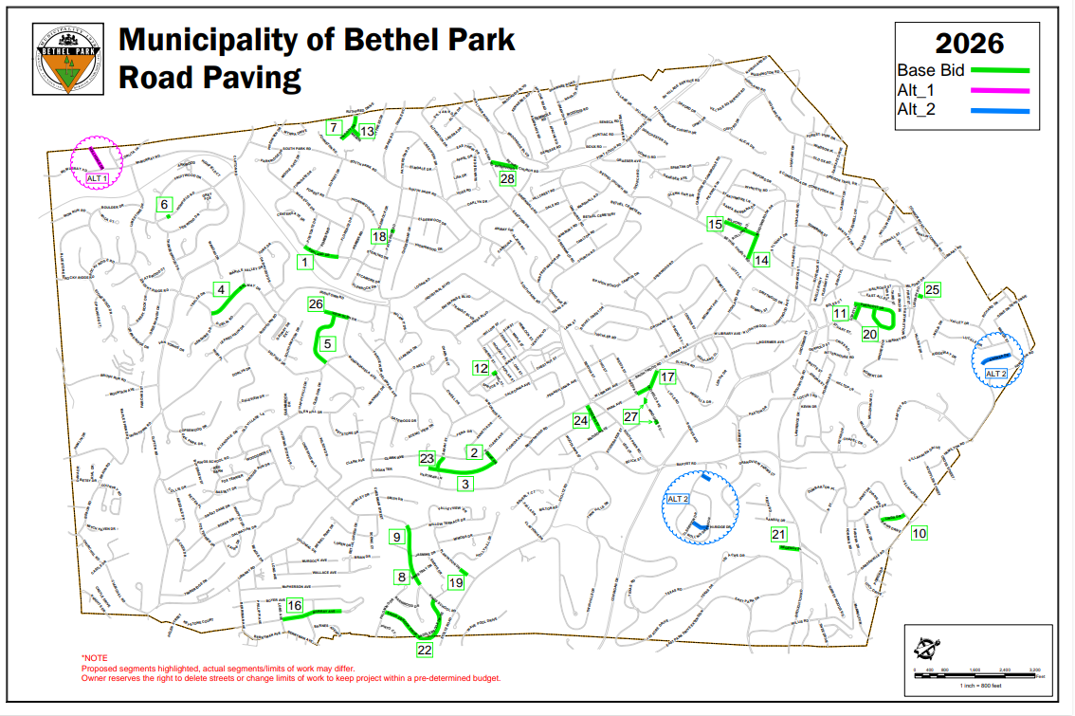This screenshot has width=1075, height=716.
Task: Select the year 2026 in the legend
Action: [x=969, y=44]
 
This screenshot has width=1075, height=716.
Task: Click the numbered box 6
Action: [x=164, y=204]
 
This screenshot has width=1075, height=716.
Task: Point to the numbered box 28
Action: [x=507, y=178]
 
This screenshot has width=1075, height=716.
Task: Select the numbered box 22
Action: [x=425, y=650]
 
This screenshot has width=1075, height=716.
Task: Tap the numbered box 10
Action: [x=919, y=534]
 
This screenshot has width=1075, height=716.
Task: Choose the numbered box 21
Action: [x=779, y=535]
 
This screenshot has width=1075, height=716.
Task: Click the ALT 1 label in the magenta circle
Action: [x=98, y=177]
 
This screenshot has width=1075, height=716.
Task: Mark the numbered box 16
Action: [x=295, y=605]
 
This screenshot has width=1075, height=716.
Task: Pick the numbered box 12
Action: [x=481, y=368]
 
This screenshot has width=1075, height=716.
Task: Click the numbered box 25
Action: [x=933, y=289]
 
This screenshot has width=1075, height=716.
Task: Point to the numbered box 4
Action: [x=221, y=289]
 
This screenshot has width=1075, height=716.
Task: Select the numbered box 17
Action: [x=667, y=376]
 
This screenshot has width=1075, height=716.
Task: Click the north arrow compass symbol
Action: [x=926, y=648]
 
